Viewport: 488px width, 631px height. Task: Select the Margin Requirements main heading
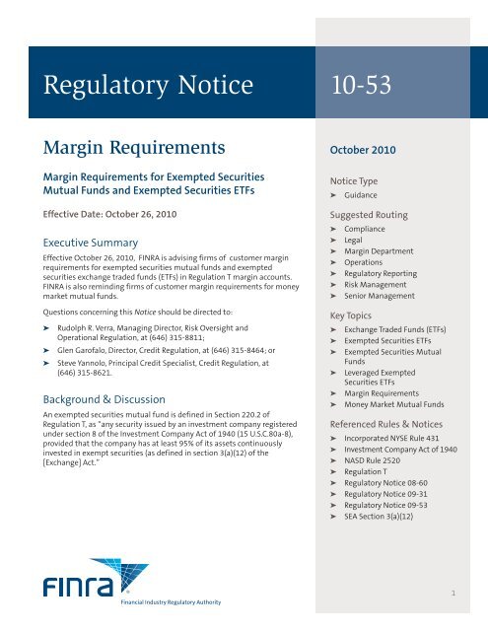[120, 150]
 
